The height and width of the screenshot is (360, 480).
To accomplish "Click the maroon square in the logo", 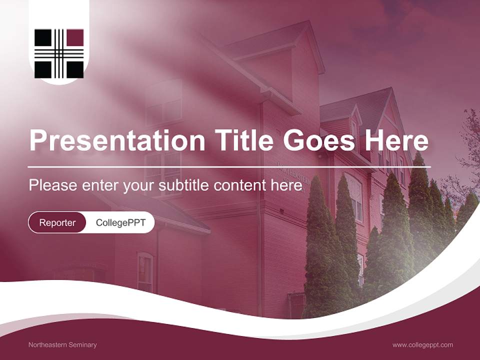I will click(75, 37).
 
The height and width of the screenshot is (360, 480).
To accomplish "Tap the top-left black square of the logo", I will click(42, 37).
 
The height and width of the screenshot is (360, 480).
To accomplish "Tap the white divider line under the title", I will click(229, 166).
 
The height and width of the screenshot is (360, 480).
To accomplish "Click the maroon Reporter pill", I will click(57, 222).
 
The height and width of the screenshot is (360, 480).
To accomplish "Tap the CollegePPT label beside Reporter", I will click(120, 222).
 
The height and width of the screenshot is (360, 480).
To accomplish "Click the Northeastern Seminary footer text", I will click(62, 344).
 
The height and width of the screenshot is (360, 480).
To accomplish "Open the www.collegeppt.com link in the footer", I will click(422, 344).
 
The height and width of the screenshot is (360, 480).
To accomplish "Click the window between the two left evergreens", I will click(356, 197).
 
